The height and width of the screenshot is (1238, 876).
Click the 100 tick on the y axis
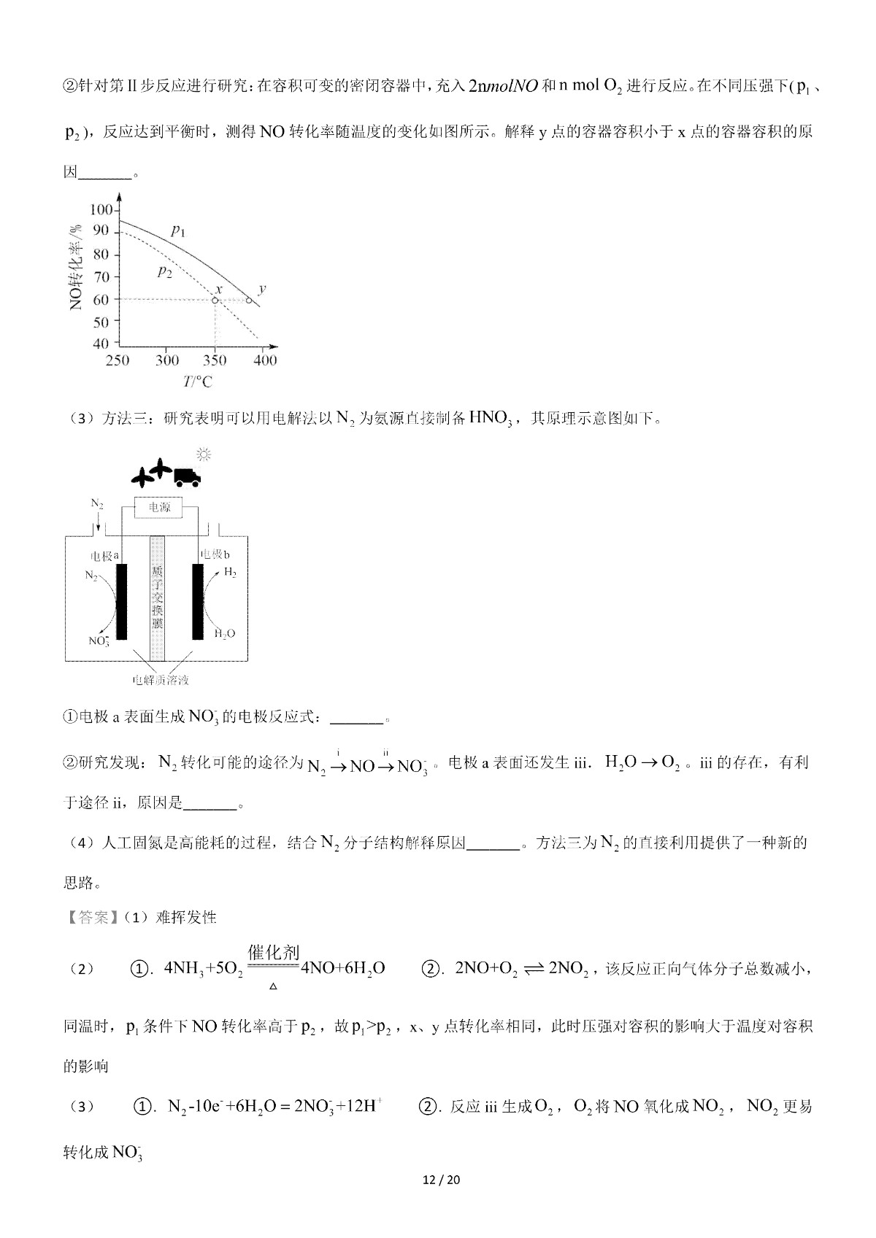[x=100, y=210]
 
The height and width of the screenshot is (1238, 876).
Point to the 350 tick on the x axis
[x=215, y=360]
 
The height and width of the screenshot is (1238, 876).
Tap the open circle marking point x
[x=215, y=300]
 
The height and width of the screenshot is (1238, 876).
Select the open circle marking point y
[x=249, y=300]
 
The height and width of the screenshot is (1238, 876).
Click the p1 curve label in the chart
[x=179, y=231]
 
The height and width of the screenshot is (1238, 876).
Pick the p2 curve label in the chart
[x=165, y=272]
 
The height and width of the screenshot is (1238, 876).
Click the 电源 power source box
[x=160, y=507]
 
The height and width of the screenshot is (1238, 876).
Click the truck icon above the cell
[x=188, y=476]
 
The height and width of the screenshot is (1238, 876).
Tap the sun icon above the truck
[x=204, y=455]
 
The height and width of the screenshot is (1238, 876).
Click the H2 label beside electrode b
[x=230, y=573]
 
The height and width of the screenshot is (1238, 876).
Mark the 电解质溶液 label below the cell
[x=161, y=680]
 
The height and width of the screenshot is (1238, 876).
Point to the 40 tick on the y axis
[x=101, y=344]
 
